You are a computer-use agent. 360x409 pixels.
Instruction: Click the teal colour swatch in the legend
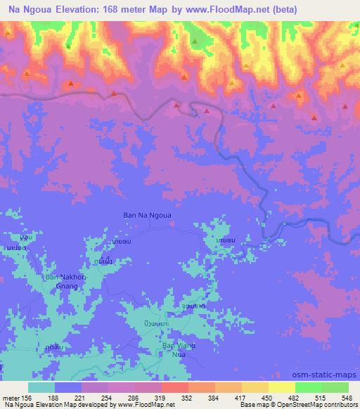click(41, 387)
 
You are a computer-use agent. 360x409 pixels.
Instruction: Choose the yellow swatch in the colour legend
click(283, 387)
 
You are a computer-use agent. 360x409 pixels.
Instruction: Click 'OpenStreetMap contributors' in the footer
click(321, 405)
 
